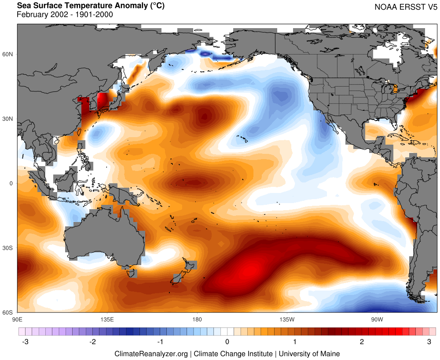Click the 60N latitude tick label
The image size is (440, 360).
point(9,54)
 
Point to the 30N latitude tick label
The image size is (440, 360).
point(9,119)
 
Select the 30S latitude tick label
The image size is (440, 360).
point(9,248)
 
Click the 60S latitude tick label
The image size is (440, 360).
point(9,313)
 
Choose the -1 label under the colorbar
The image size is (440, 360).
point(160,342)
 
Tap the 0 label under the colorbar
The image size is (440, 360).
point(227,342)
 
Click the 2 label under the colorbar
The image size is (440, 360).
point(362,342)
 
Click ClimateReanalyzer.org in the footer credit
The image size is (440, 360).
point(151,353)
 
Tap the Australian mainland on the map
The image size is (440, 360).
point(106,237)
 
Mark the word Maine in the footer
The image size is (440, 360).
point(330,353)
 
